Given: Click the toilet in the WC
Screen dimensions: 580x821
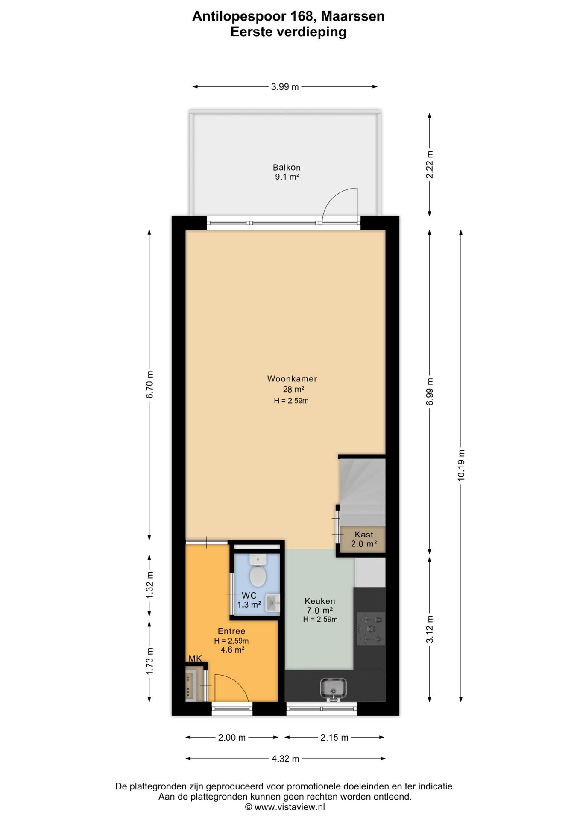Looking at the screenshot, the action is [258, 570].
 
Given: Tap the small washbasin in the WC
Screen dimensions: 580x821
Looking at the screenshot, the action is [272, 603].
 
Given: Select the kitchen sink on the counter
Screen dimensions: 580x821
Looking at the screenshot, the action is [333, 689].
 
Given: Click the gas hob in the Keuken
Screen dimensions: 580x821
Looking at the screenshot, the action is [370, 629].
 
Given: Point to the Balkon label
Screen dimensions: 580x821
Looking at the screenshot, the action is [287, 168].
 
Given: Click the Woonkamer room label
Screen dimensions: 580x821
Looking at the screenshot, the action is [292, 378].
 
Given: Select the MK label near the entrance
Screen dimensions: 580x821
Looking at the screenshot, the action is [195, 659].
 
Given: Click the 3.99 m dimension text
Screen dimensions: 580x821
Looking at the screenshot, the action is [285, 87].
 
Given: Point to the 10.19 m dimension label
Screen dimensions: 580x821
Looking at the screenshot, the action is [461, 466].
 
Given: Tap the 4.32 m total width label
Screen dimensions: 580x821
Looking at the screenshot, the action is [285, 759].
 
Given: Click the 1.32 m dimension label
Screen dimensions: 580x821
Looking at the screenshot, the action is [149, 585].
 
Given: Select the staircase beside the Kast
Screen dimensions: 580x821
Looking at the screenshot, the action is [363, 492].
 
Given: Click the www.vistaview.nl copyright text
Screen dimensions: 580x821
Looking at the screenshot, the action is [285, 807].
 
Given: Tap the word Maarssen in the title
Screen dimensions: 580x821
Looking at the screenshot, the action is [353, 16].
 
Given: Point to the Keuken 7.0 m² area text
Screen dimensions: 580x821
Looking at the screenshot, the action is [320, 605].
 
